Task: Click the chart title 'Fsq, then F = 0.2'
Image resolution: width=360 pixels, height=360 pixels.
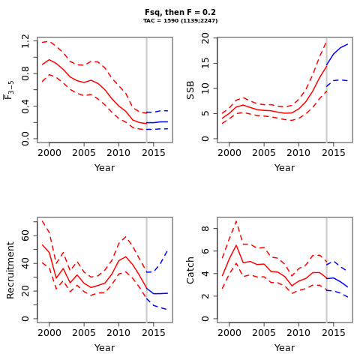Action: [x=180, y=12]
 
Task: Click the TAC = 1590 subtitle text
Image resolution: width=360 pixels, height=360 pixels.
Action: [x=180, y=21]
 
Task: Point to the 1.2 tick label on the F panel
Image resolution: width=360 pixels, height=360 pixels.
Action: [x=25, y=41]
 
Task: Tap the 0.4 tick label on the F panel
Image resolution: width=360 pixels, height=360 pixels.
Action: [x=25, y=106]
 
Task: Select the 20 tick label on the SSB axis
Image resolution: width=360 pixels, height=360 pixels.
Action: [x=205, y=38]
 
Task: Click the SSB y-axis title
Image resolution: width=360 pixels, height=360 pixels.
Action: [x=190, y=90]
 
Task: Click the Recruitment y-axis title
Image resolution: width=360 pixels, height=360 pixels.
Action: [x=10, y=270]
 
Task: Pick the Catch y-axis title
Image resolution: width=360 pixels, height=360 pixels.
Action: [x=190, y=270]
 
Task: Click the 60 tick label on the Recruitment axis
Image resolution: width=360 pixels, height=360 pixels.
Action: [x=25, y=235]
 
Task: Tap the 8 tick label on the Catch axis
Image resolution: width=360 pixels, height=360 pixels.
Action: [x=205, y=229]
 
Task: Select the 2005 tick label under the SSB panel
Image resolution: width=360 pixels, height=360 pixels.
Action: [x=264, y=153]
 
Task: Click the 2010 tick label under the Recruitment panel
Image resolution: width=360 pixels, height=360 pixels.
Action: [x=118, y=333]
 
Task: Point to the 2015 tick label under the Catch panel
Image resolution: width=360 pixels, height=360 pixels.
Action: [x=334, y=333]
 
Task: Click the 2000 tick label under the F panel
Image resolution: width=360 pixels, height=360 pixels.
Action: [x=49, y=153]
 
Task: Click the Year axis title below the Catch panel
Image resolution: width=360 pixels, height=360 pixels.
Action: [x=285, y=348]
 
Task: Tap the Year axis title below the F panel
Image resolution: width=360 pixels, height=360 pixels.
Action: [x=105, y=168]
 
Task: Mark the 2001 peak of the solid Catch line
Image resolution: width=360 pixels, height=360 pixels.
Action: [x=236, y=245]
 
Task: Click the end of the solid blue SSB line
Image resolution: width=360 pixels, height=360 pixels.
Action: [x=347, y=44]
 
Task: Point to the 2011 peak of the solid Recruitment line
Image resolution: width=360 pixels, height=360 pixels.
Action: [x=126, y=256]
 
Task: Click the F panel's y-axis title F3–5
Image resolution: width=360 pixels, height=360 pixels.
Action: [x=9, y=90]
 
